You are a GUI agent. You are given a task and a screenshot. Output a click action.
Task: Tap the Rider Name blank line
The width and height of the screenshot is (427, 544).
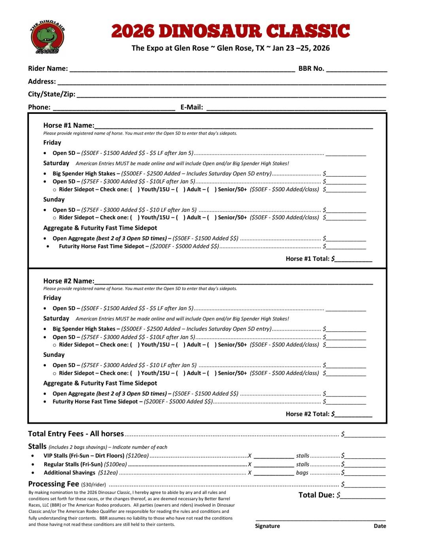coord(182,69)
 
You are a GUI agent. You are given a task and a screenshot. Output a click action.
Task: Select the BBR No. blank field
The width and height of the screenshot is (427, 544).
coord(356,69)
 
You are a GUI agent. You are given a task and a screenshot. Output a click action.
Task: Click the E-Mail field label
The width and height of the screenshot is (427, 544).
coord(192,107)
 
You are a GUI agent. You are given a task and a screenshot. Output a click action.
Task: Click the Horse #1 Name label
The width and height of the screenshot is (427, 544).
coord(68,126)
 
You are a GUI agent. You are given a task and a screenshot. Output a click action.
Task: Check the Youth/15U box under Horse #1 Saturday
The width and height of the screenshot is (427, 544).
coord(135,190)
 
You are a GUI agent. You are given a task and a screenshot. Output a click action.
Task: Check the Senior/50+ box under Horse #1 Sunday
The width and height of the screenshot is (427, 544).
coord(212,218)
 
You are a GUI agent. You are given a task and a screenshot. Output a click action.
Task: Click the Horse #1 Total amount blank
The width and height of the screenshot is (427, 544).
coord(353,260)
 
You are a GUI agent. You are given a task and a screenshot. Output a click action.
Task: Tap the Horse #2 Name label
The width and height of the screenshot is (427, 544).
coord(68,281)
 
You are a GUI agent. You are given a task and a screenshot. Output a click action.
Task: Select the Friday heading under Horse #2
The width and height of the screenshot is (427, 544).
coord(52,298)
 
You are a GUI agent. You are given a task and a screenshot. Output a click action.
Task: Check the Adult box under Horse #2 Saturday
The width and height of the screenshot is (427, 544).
coord(181,345)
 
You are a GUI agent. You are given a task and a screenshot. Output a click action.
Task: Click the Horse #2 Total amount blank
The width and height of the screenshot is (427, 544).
coord(353,415)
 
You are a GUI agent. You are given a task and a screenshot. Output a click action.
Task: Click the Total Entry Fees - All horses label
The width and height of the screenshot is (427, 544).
coord(76,434)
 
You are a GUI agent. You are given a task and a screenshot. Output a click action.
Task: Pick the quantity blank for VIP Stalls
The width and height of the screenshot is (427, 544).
coord(274,456)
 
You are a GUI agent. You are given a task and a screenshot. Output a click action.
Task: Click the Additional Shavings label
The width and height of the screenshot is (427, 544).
coord(70,473)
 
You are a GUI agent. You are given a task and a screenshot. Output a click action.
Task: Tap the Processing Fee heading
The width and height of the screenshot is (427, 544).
coord(53,484)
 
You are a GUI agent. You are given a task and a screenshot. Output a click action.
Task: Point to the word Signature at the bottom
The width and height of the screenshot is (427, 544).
coord(267,526)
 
